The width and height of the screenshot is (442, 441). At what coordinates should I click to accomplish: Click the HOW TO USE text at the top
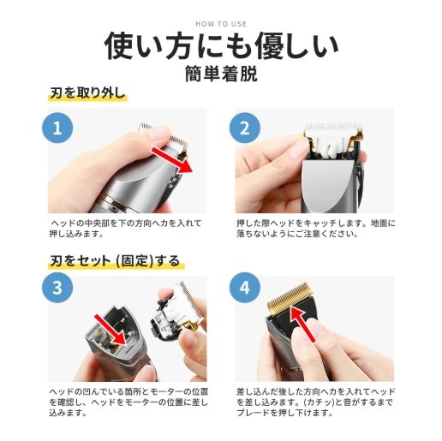[x=221, y=24]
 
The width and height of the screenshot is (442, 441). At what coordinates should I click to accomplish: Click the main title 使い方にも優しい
[x=221, y=46]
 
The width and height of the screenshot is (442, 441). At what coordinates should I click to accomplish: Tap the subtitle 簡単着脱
[x=221, y=74]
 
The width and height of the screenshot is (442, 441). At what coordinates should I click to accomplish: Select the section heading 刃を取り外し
[x=87, y=93]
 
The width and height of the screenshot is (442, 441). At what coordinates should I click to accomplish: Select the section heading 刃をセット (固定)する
[x=116, y=260]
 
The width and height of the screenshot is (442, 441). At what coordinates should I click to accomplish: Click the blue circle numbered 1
[x=57, y=128]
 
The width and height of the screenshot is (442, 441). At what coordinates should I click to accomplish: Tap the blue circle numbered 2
[x=245, y=128]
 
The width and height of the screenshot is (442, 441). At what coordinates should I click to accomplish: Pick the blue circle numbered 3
[x=57, y=287]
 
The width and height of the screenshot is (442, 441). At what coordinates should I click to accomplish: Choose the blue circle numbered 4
[x=245, y=287]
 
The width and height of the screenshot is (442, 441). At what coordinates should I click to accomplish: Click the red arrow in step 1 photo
[x=172, y=160]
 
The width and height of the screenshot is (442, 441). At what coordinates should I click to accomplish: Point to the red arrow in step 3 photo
[x=110, y=330]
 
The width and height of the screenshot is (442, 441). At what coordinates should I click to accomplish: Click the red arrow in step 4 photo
[x=302, y=324]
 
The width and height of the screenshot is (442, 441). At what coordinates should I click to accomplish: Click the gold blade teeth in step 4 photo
[x=289, y=297]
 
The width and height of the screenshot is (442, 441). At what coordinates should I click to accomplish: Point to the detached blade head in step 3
[x=176, y=311]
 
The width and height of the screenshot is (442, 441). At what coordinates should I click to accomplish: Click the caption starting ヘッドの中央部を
[x=125, y=229]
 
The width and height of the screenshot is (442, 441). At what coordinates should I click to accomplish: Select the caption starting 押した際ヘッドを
[x=316, y=229]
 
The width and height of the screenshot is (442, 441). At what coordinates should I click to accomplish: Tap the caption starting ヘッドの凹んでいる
[x=128, y=402]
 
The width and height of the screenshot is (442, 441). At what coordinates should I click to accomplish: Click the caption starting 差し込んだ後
[x=316, y=402]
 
